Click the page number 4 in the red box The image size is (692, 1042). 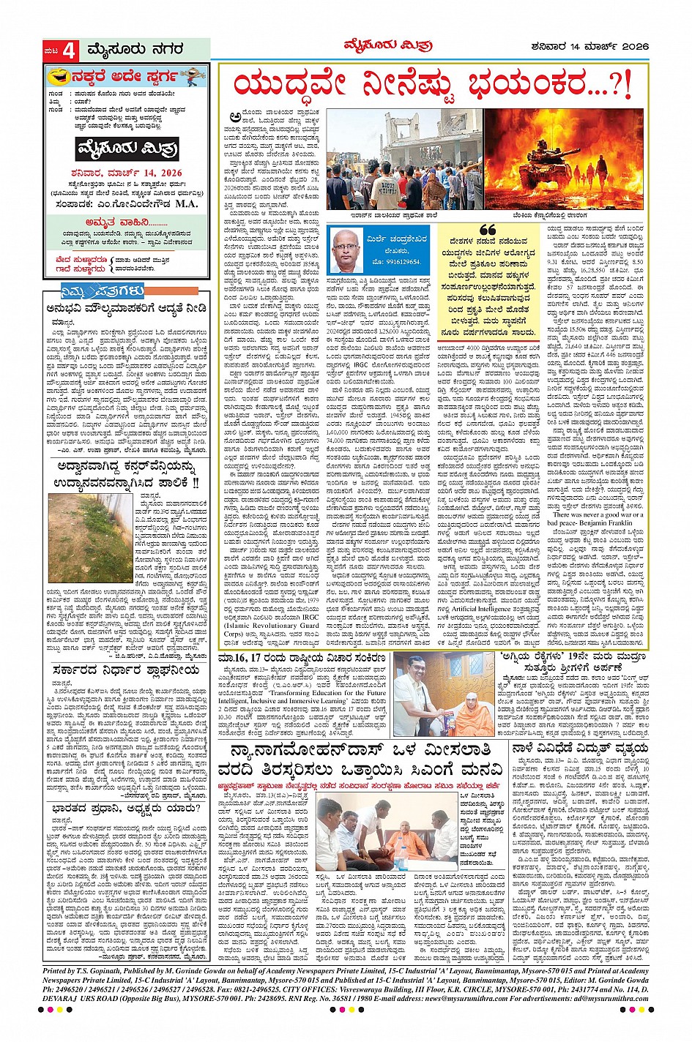click(x=70, y=50)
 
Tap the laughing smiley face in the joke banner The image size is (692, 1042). click(x=58, y=76)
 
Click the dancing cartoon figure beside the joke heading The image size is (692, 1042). click(x=192, y=75)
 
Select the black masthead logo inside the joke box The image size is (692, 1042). click(x=128, y=148)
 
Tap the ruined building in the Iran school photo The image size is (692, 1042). click(x=411, y=139)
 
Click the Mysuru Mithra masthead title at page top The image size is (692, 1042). click(x=388, y=46)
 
